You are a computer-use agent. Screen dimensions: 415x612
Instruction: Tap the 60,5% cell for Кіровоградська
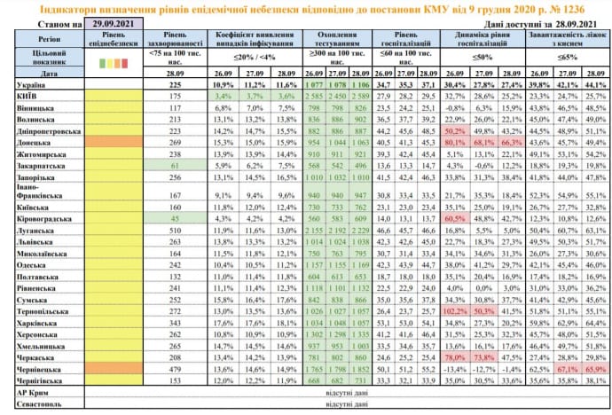[x=455, y=216]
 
